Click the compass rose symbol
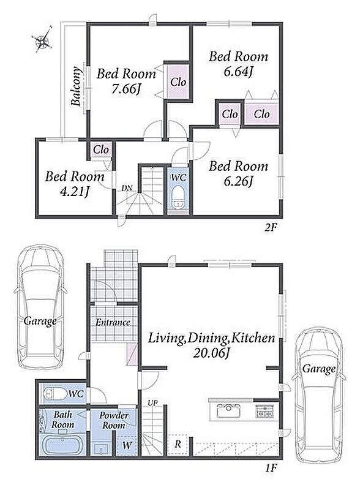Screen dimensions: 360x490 point(43,39)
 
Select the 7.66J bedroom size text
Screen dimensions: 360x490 point(126,89)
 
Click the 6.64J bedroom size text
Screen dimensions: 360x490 point(238,72)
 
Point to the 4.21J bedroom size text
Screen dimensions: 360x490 point(74,192)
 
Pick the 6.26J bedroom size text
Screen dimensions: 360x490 point(238,181)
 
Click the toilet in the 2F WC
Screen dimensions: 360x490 point(179,197)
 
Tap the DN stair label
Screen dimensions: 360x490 point(127,188)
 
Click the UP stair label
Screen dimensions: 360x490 point(153,403)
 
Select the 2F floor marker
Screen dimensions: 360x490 point(271,227)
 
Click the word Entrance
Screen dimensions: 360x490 point(113,323)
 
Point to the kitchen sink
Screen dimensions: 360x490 point(228,410)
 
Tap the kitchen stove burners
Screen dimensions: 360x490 point(264,411)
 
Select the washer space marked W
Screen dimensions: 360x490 point(127,445)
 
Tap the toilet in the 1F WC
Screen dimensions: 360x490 point(55,394)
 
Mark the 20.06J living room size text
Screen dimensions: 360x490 point(212,353)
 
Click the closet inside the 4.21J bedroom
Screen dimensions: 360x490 point(101,150)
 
